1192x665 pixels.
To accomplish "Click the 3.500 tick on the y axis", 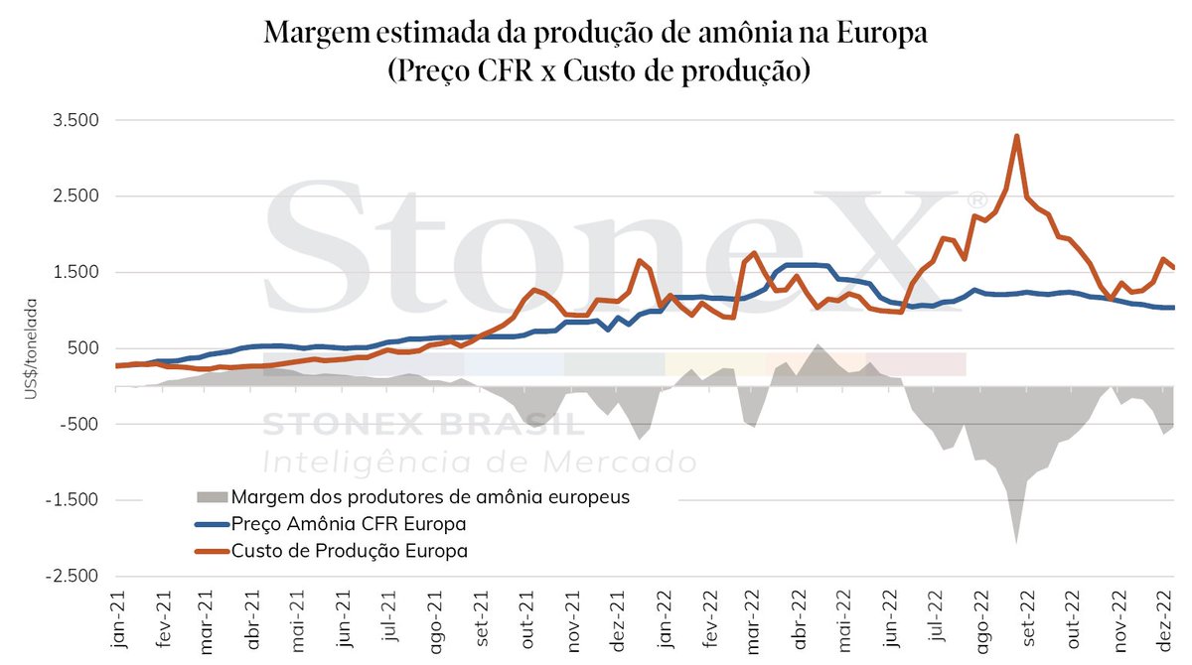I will click(x=75, y=120).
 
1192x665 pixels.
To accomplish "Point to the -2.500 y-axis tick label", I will click(x=73, y=577).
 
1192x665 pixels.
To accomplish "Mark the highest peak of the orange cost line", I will click(x=1016, y=136).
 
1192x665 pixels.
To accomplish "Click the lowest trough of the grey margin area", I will click(x=1016, y=542).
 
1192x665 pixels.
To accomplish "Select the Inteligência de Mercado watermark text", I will click(x=479, y=462).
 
